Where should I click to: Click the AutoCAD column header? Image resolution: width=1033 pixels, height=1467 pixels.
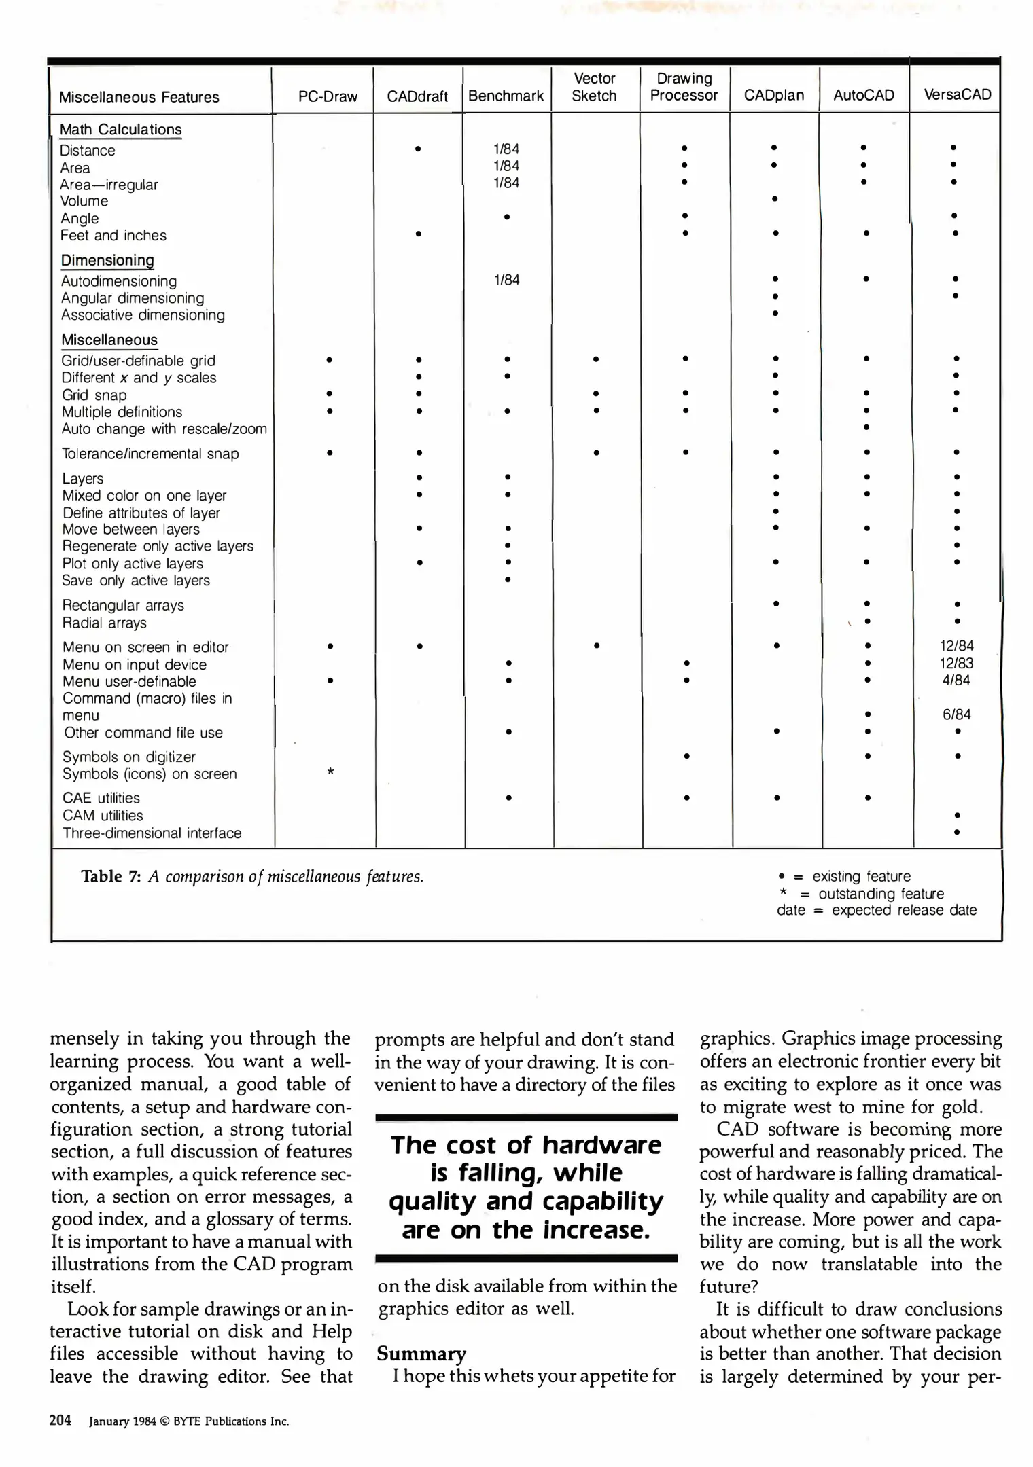tap(863, 96)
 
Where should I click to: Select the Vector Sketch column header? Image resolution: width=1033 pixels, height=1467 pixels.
tap(594, 87)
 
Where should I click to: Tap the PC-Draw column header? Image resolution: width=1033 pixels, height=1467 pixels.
tap(328, 96)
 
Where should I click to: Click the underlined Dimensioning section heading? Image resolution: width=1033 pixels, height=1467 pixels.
tap(107, 260)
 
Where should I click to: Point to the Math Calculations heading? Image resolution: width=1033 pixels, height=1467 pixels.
tap(120, 129)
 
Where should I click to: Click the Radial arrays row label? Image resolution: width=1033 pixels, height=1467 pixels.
tap(104, 623)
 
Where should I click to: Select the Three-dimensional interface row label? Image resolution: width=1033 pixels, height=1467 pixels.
tap(152, 833)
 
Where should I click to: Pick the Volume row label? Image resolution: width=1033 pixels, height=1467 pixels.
tap(84, 201)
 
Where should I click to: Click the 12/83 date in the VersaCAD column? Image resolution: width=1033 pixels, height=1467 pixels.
tap(956, 663)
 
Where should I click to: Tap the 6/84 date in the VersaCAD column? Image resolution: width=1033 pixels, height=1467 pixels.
tap(956, 714)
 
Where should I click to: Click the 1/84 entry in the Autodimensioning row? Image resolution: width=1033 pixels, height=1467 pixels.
tap(506, 280)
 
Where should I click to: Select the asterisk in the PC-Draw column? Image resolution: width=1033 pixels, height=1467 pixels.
tap(330, 772)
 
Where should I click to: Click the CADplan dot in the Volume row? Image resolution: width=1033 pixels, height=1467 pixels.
tap(774, 199)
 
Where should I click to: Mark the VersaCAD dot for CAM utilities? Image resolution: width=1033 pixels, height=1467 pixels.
tap(957, 815)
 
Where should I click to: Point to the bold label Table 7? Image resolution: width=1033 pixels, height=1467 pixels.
tap(111, 876)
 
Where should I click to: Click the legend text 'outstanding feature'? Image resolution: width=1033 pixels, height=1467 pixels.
tap(881, 894)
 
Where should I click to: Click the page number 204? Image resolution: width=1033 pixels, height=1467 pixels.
tap(60, 1420)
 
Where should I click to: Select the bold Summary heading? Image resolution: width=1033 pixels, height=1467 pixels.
tap(421, 1354)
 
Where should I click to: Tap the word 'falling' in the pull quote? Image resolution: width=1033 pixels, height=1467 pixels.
tap(491, 1173)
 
